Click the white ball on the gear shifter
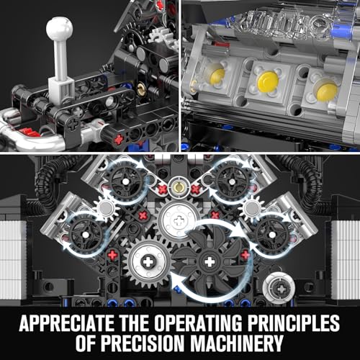(x=59, y=28)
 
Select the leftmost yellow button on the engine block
(x=217, y=75)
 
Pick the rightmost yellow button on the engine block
(x=327, y=91)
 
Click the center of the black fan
(x=210, y=261)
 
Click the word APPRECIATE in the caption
(x=67, y=323)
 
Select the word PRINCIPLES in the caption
(x=294, y=323)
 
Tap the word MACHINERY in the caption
(x=236, y=343)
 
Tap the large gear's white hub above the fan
(x=179, y=220)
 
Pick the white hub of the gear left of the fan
(x=148, y=261)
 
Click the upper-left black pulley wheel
(x=126, y=182)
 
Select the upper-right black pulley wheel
(x=232, y=181)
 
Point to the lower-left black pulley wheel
(x=86, y=235)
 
